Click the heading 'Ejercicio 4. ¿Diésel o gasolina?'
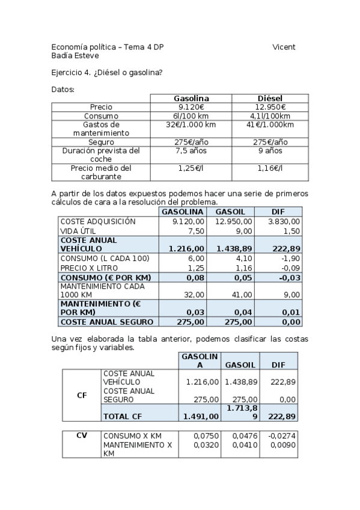pyautogui.click(x=107, y=73)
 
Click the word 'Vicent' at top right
pyautogui.click(x=284, y=47)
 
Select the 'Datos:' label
pyautogui.click(x=63, y=90)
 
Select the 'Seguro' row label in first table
pyautogui.click(x=100, y=142)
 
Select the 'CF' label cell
pyautogui.click(x=82, y=395)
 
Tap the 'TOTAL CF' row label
pyautogui.click(x=123, y=416)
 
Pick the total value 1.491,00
pyautogui.click(x=201, y=416)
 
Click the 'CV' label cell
pyautogui.click(x=82, y=435)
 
